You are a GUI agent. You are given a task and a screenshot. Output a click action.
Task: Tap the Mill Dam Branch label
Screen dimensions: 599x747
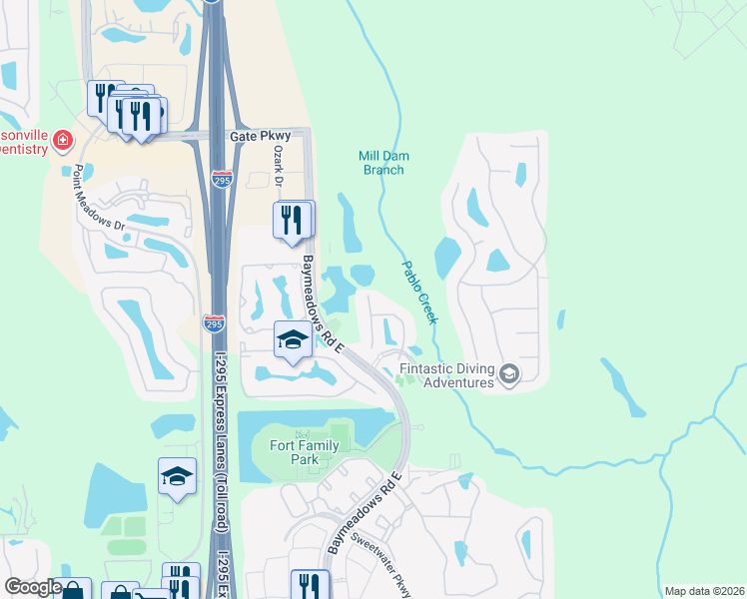click(383, 163)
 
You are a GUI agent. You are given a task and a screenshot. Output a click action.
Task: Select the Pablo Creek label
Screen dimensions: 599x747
click(419, 292)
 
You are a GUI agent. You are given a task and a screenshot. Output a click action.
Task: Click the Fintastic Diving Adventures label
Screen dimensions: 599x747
click(446, 375)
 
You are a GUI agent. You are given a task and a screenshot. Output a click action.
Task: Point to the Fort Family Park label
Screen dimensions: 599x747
click(298, 452)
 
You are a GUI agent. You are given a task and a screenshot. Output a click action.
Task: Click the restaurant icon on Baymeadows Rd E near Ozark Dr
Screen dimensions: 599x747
click(292, 221)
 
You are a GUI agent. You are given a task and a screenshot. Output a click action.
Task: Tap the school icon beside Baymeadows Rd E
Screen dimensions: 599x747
click(292, 341)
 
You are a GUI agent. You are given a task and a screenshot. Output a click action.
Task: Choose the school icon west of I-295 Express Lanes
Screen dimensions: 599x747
click(177, 476)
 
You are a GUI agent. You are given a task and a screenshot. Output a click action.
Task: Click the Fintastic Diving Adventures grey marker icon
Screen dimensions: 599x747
click(509, 374)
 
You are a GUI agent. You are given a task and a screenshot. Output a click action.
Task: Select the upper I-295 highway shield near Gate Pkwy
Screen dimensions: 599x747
click(223, 180)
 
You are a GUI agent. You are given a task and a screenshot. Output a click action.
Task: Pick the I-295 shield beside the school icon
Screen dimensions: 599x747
click(214, 324)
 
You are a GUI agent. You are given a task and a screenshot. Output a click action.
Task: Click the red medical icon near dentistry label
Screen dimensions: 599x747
click(63, 140)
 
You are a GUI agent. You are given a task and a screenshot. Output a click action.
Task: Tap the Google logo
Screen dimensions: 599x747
click(33, 587)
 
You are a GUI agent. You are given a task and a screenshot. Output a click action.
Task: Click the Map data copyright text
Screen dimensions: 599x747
click(703, 591)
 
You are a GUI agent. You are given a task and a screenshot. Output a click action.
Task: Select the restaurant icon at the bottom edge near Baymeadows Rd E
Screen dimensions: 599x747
click(309, 586)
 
